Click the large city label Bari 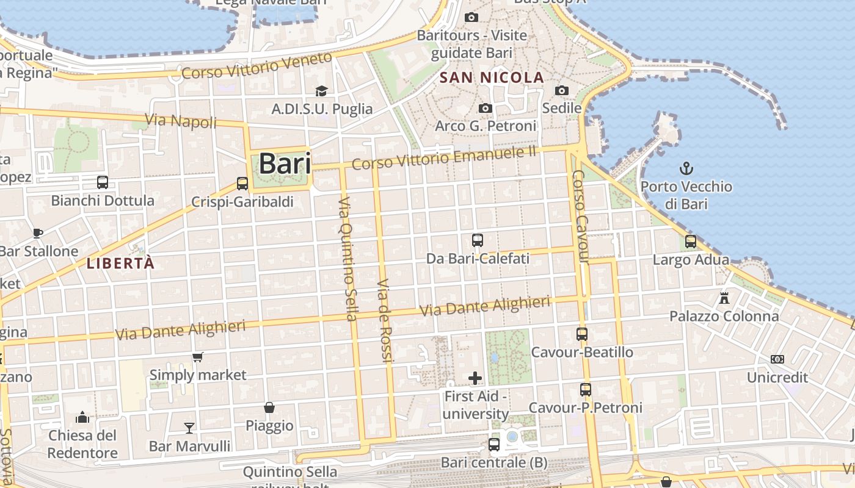[x=285, y=164]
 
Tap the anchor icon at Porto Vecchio [x=686, y=168]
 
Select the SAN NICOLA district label [x=492, y=77]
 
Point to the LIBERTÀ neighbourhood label [x=120, y=264]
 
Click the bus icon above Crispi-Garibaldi [x=242, y=184]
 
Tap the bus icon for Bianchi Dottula [x=103, y=182]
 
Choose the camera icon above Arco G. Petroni [x=486, y=108]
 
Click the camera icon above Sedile [x=562, y=91]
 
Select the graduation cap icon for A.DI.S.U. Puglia [x=321, y=91]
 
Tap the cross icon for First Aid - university [x=475, y=378]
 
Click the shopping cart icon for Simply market [x=197, y=357]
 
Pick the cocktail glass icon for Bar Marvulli [x=189, y=428]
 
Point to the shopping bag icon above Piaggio [x=269, y=407]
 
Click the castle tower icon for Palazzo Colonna [x=724, y=298]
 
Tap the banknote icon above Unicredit [x=777, y=359]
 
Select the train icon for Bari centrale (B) [x=494, y=445]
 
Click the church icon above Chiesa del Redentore [x=82, y=417]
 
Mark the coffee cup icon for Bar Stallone [x=38, y=233]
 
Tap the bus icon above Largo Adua [x=691, y=242]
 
